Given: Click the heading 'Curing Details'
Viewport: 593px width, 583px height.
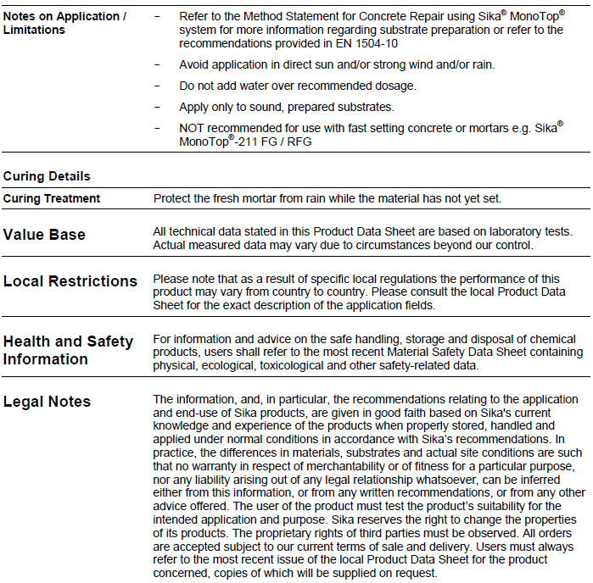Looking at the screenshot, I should click(47, 176).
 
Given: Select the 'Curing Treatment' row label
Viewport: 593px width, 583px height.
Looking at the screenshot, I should click(52, 198).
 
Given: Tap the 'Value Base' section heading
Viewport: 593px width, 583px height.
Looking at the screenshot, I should click(44, 235).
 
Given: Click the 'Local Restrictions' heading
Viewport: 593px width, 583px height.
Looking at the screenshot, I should click(70, 280).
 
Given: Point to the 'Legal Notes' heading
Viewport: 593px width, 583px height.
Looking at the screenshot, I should click(47, 401).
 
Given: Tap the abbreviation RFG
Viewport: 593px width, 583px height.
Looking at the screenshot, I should click(299, 142).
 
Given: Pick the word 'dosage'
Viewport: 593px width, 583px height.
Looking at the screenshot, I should click(395, 86).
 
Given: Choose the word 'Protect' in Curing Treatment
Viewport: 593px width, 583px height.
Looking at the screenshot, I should click(172, 198).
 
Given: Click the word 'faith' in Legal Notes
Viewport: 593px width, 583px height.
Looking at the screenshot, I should click(401, 412).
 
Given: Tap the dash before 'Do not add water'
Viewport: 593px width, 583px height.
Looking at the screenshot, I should click(157, 86).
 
